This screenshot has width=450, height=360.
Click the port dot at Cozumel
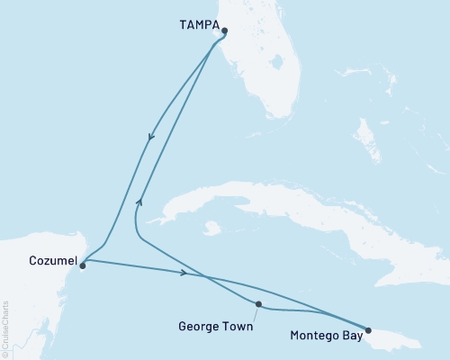coord(82,265)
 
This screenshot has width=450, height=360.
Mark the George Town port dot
coord(258,304)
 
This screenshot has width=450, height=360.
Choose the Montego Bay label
coord(328,336)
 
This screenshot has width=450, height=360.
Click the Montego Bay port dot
coord(367,330)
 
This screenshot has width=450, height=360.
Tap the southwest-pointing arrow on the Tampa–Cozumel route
coord(151,138)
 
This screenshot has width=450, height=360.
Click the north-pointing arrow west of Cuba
coord(139,201)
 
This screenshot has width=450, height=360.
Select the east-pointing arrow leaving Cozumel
coord(184,272)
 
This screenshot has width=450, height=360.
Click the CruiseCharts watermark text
coord(5,329)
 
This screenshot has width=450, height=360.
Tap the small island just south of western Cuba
coord(212,229)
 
